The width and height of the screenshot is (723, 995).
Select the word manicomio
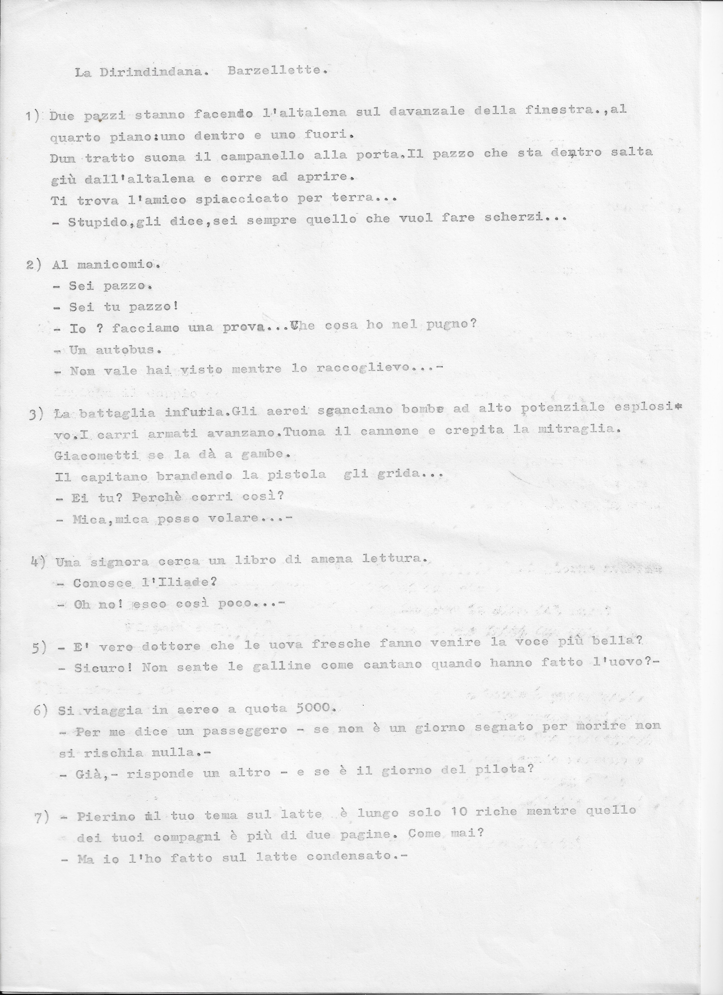[117, 265]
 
